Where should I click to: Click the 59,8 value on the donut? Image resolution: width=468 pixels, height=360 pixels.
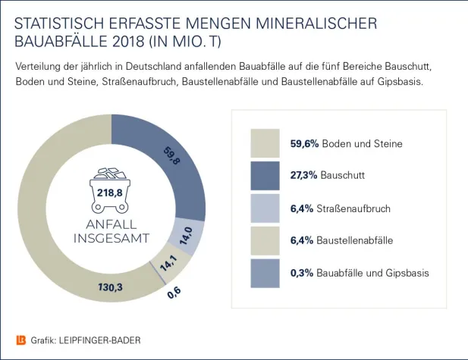172,156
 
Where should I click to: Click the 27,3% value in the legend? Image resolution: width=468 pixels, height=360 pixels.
303,176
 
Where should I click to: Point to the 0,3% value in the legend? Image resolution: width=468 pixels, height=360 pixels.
302,273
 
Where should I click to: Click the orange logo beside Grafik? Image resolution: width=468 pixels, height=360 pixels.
20,340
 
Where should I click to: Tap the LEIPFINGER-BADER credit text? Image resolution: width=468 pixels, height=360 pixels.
99,340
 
